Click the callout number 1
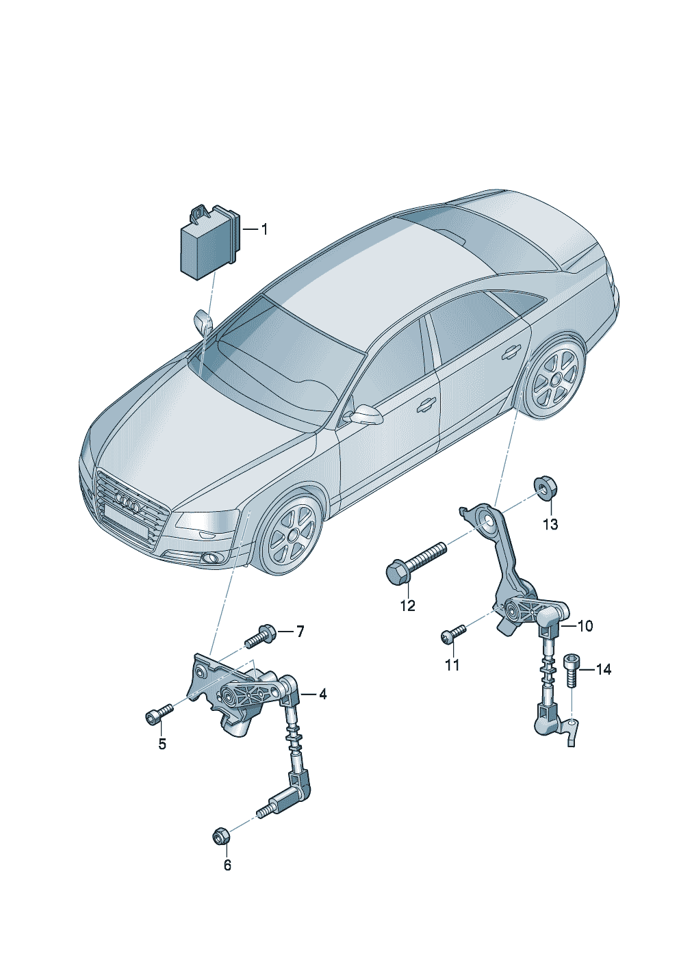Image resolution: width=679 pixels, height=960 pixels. (x=264, y=229)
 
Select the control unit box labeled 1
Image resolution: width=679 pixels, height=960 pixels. (x=210, y=243)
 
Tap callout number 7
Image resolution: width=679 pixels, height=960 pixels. (x=300, y=631)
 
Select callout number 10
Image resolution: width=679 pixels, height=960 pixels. (x=585, y=625)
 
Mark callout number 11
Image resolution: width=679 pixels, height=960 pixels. (x=452, y=664)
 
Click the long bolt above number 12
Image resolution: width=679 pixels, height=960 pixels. (x=417, y=562)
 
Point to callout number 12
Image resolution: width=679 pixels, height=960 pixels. (x=408, y=606)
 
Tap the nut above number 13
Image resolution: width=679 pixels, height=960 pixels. (x=543, y=489)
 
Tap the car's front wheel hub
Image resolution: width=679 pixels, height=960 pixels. (x=293, y=534)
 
